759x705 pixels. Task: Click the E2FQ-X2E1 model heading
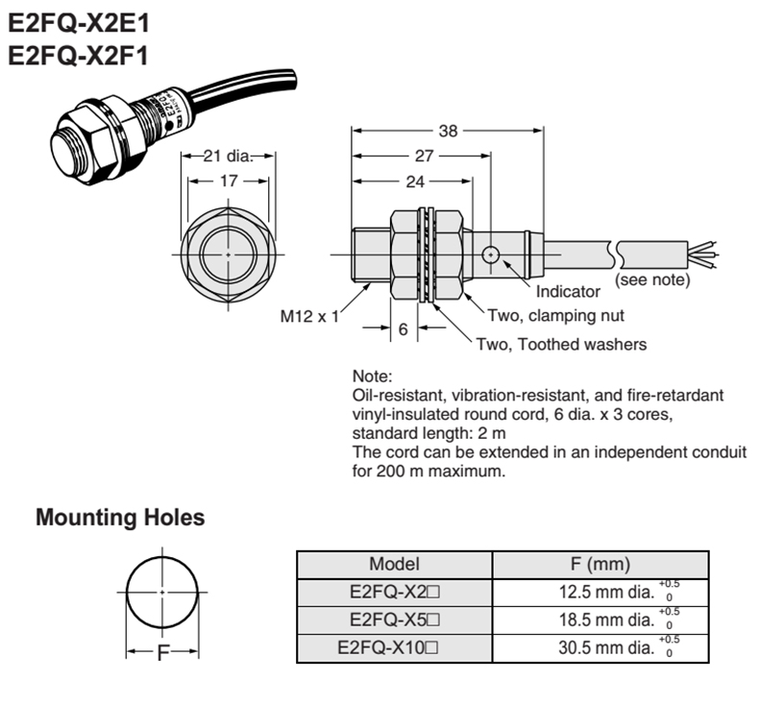(x=79, y=23)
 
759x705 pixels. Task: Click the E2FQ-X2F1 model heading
(x=78, y=55)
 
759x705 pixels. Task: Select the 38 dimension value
(x=448, y=131)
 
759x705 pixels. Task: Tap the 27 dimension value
(x=424, y=156)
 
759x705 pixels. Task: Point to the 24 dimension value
(x=415, y=182)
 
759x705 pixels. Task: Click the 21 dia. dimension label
(x=228, y=156)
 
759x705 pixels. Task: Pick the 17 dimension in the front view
(x=229, y=181)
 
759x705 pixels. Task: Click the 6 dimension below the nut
(x=404, y=329)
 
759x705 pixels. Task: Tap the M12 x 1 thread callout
(x=309, y=316)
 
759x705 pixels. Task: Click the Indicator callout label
(x=568, y=291)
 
